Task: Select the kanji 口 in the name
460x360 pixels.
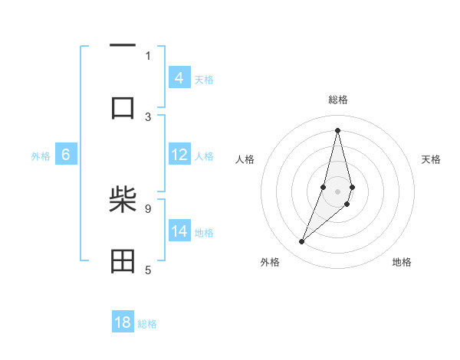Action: point(123,108)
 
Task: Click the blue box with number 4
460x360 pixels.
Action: point(179,77)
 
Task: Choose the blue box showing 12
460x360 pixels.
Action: point(179,155)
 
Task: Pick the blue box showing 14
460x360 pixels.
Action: point(179,231)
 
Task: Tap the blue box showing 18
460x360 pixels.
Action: point(123,322)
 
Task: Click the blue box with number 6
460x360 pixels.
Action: point(66,155)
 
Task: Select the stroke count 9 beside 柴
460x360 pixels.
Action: point(148,208)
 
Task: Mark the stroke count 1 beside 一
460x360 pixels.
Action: point(148,55)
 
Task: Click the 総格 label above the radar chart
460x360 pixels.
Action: point(337,100)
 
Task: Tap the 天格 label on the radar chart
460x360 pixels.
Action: point(431,159)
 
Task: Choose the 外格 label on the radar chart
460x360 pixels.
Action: point(270,262)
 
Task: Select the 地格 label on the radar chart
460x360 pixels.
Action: point(402,262)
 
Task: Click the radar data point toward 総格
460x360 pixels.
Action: point(337,129)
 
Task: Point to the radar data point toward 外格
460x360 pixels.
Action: point(301,241)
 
